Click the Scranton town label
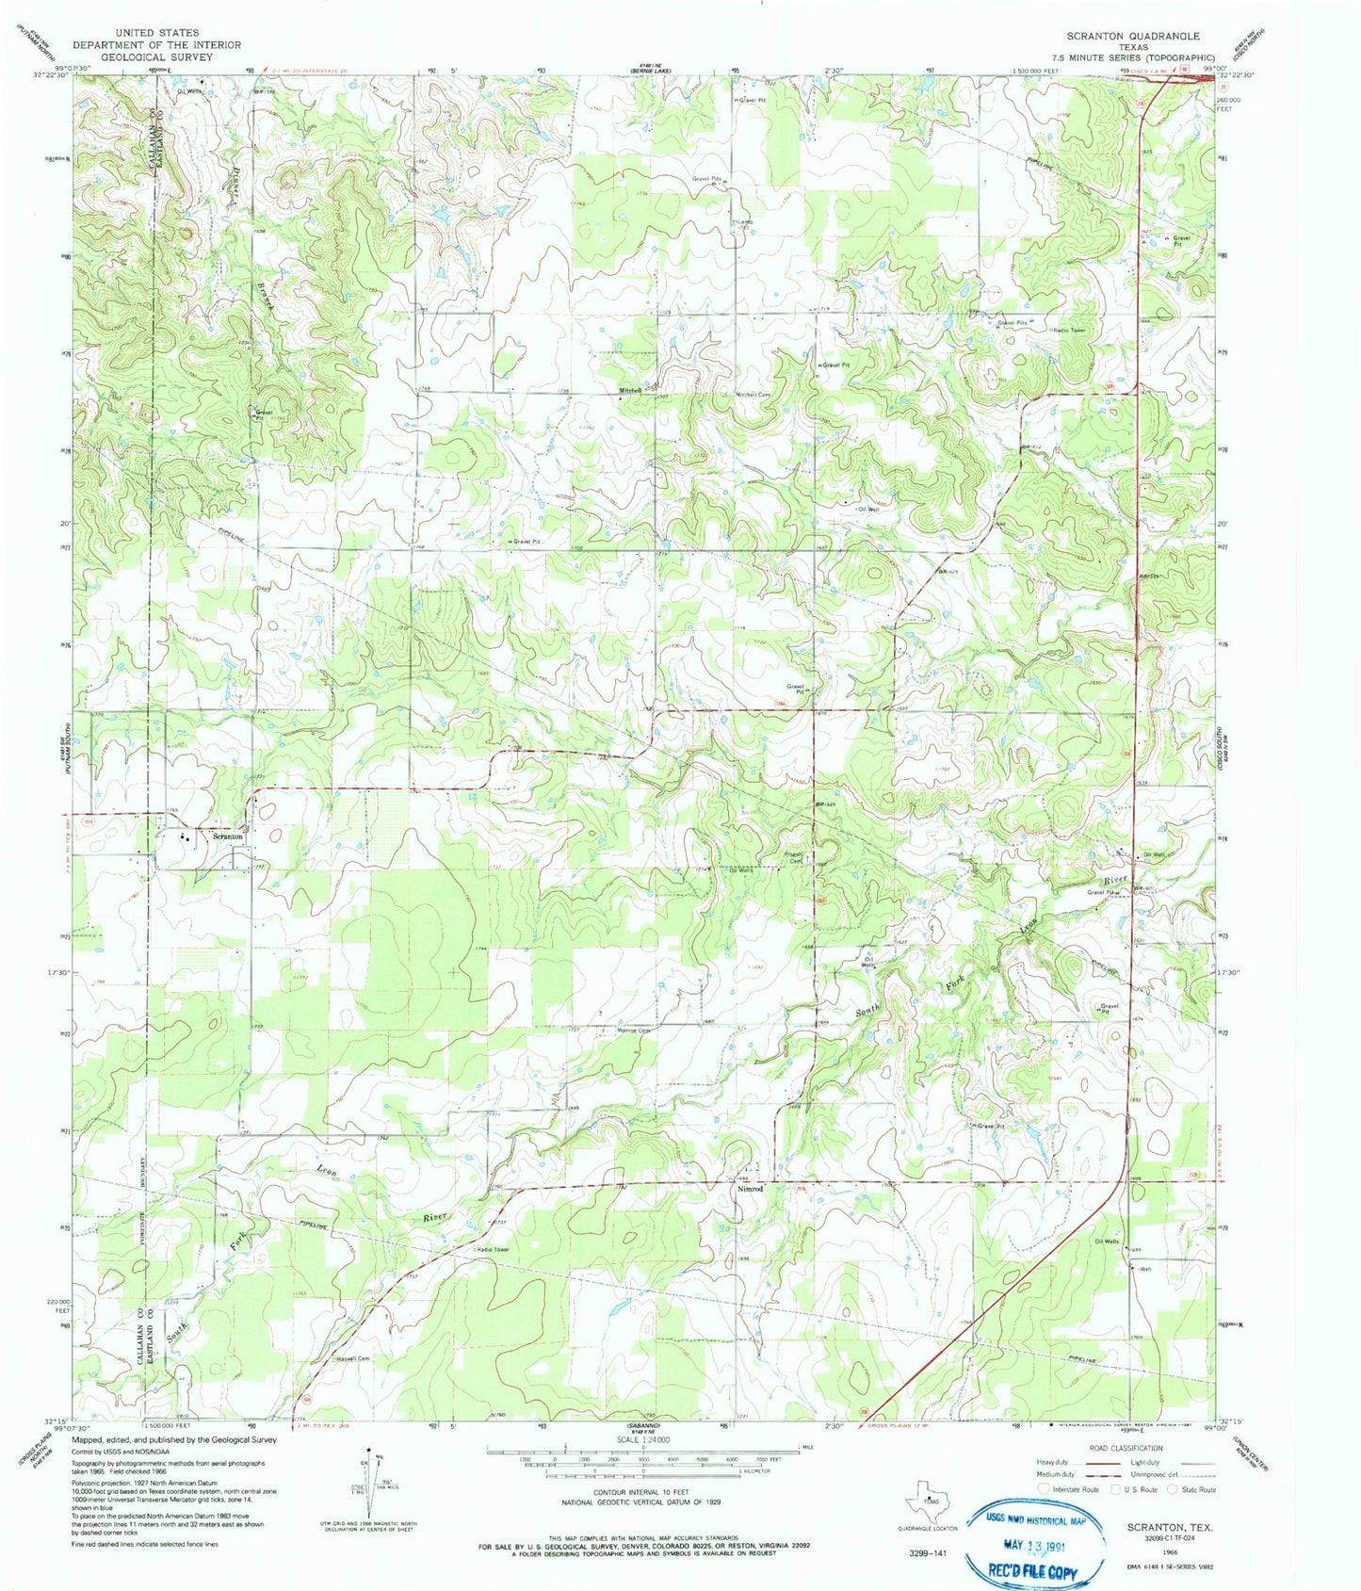[x=228, y=836]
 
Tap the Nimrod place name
[x=750, y=1189]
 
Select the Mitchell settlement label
[x=630, y=390]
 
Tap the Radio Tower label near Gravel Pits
[x=1070, y=330]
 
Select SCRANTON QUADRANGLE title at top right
[x=1133, y=36]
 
